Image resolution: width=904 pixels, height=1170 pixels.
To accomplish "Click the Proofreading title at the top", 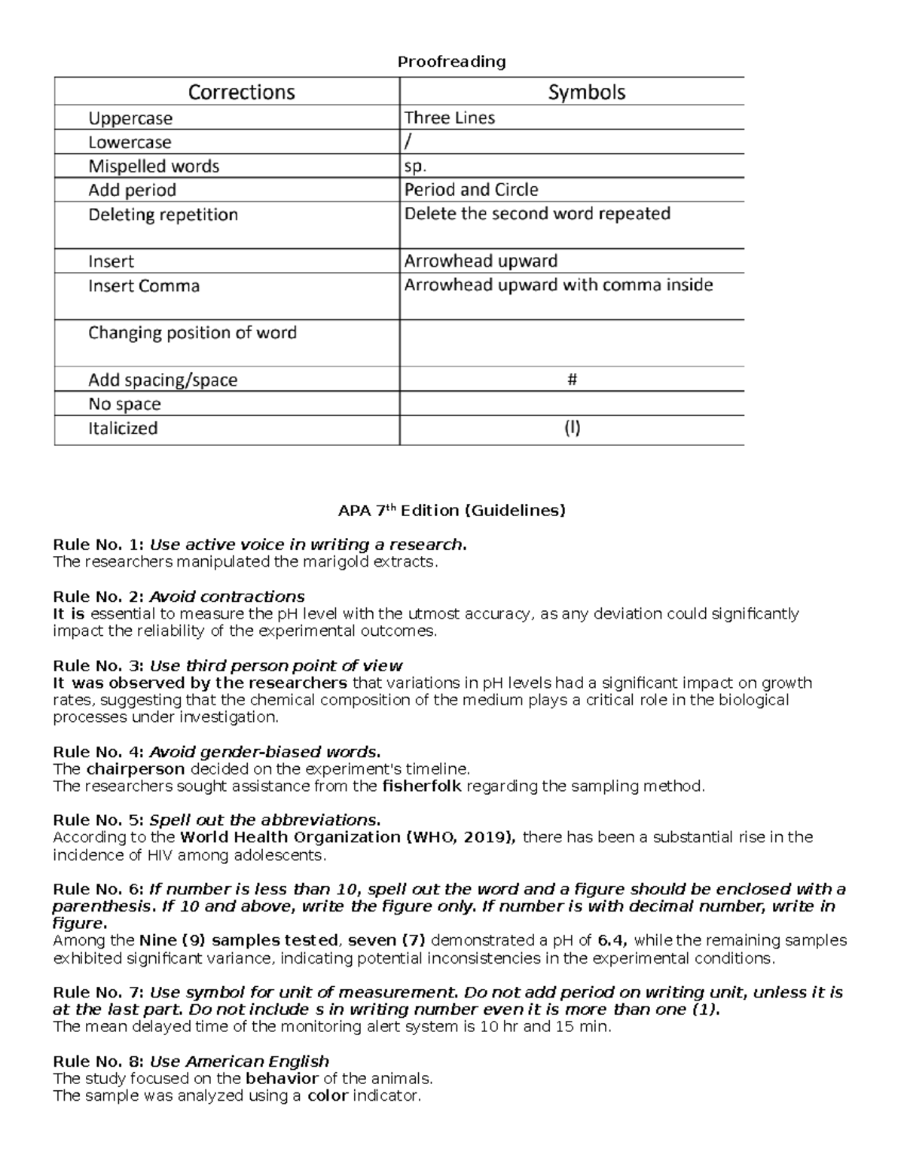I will click(x=451, y=61).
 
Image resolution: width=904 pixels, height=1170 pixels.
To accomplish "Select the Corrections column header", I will click(x=241, y=92).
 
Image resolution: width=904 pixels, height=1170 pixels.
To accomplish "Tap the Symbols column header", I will click(x=586, y=92).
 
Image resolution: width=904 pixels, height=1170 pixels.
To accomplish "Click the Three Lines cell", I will click(x=450, y=118).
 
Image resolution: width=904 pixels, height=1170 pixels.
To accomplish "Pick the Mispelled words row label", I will click(x=154, y=166).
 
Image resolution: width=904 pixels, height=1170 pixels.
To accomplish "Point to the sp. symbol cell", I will click(x=415, y=166).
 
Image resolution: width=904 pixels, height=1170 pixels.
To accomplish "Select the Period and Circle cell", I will click(x=471, y=190).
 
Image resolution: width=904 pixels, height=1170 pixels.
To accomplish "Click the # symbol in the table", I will click(x=572, y=380).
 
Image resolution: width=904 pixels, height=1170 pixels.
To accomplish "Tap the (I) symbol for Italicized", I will click(x=572, y=428).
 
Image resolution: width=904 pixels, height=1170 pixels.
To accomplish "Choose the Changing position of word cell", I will click(x=192, y=333).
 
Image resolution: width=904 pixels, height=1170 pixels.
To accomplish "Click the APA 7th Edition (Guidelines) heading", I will click(x=451, y=511).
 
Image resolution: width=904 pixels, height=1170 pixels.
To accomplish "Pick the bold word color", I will click(x=328, y=1095).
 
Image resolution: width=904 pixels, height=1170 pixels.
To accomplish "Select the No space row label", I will click(x=124, y=404).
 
